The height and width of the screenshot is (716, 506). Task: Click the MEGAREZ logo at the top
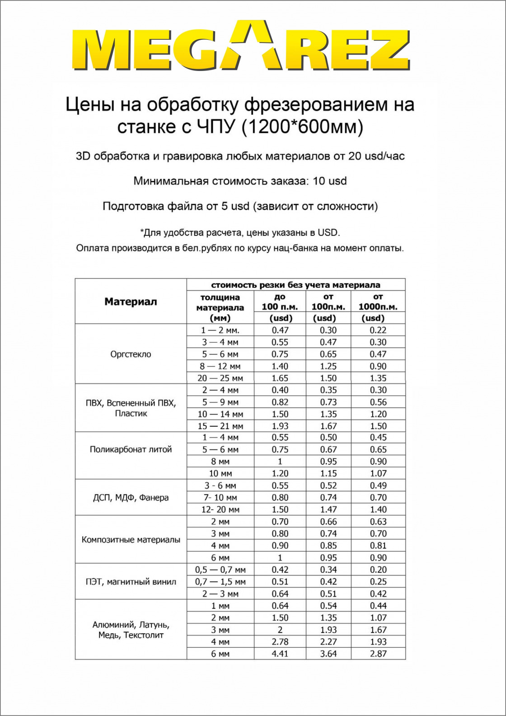click(x=240, y=46)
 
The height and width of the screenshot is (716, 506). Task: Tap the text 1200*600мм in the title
click(x=302, y=127)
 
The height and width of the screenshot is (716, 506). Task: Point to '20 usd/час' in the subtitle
click(x=376, y=156)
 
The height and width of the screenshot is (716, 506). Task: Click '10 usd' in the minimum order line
click(x=330, y=181)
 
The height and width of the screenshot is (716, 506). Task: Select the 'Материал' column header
click(x=131, y=301)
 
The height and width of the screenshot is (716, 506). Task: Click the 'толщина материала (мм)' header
click(x=220, y=307)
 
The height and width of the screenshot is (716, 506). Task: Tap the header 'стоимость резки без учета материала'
click(x=295, y=285)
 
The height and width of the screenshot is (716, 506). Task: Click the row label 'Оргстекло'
click(x=131, y=354)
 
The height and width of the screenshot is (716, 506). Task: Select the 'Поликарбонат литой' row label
click(x=131, y=450)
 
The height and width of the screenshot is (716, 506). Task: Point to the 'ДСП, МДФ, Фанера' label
click(x=131, y=498)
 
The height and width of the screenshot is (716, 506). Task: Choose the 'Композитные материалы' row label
click(x=131, y=540)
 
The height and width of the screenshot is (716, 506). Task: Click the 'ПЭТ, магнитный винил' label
click(x=131, y=582)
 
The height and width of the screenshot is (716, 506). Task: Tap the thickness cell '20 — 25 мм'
click(x=220, y=378)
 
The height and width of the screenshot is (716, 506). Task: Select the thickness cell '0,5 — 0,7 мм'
click(x=220, y=570)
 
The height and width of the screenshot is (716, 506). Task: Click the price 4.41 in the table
click(x=280, y=654)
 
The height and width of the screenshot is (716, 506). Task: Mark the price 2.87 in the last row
click(x=378, y=654)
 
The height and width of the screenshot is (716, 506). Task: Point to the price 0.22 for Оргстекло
click(x=378, y=330)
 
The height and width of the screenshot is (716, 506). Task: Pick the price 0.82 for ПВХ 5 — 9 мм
click(x=280, y=402)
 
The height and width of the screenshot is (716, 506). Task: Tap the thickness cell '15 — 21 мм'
click(x=220, y=426)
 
